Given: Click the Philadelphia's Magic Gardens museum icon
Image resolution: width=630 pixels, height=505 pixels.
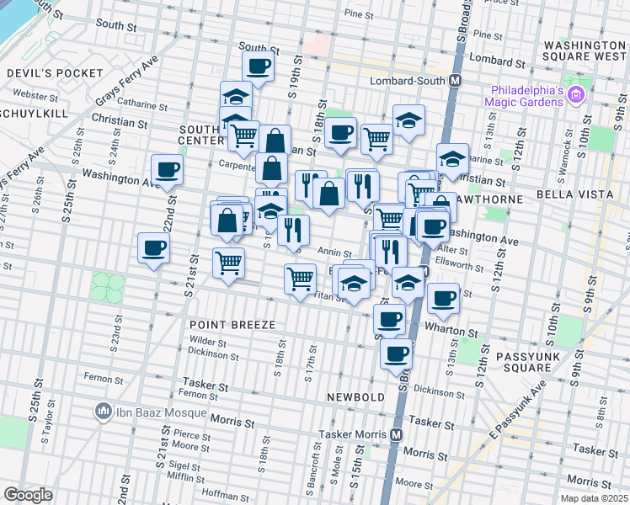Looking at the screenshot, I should [x=577, y=93].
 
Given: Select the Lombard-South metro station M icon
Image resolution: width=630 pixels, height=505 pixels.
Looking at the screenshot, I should [x=456, y=81].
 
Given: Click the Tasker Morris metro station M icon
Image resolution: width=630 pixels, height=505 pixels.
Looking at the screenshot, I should [x=398, y=435].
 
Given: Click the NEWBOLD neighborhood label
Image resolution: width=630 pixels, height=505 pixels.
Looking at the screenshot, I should [x=356, y=396].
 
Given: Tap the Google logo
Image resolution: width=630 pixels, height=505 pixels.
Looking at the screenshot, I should [x=28, y=494].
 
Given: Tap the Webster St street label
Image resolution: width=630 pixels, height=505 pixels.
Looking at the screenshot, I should [x=35, y=95].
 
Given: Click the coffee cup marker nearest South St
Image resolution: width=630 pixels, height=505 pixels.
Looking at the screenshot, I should [x=259, y=66].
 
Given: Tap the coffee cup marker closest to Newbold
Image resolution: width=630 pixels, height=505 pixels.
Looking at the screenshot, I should [x=395, y=353].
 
